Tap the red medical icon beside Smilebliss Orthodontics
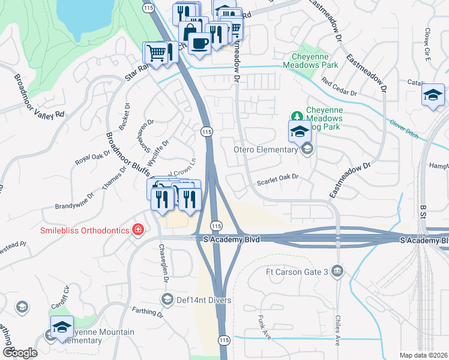[138, 230]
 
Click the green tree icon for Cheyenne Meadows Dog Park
[295, 115]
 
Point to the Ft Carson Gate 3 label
[297, 272]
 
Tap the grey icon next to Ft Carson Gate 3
[338, 272]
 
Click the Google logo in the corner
[19, 353]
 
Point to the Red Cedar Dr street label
[339, 87]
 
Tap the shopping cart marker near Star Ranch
[155, 53]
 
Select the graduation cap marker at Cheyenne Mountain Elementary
[61, 327]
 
